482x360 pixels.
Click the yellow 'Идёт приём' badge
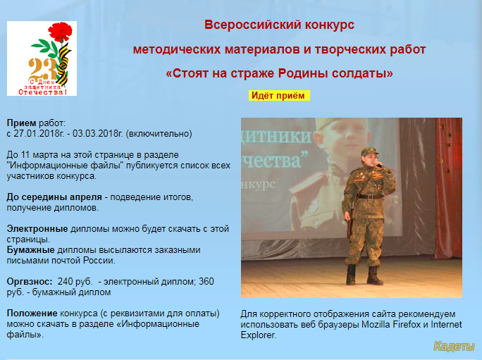tap(279, 96)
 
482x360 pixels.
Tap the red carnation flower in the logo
tap(61, 32)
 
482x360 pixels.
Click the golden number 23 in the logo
tap(43, 70)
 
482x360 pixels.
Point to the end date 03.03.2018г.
tap(98, 134)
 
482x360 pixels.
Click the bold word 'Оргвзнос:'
tap(30, 282)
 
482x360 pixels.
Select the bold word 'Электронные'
tap(37, 229)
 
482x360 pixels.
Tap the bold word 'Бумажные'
tap(31, 250)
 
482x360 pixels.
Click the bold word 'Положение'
tap(32, 314)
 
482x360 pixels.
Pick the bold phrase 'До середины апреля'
tap(54, 197)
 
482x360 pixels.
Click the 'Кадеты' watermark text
tap(454, 347)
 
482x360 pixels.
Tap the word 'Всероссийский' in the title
tap(253, 25)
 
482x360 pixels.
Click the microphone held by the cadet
tap(379, 166)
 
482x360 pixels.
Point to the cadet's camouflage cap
tap(369, 151)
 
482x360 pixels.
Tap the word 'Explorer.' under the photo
tap(259, 335)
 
